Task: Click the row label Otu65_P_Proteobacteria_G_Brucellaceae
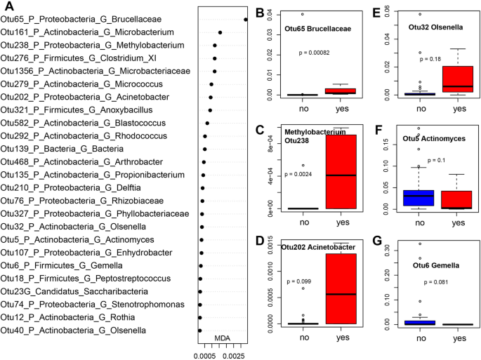click(86, 20)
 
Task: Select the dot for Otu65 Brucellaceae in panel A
click(245, 20)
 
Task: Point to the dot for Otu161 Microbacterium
click(220, 32)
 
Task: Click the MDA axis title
click(223, 338)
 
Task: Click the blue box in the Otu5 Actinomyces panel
click(420, 198)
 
